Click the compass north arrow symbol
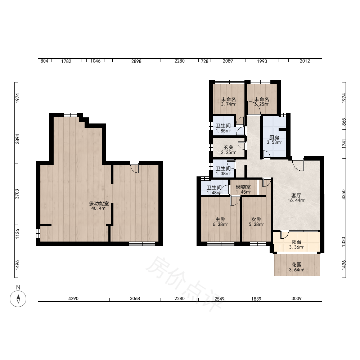pyautogui.click(x=18, y=299)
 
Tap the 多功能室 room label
pyautogui.click(x=99, y=204)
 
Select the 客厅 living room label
pyautogui.click(x=296, y=195)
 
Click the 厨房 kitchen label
pyautogui.click(x=274, y=138)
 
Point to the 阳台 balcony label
pyautogui.click(x=296, y=242)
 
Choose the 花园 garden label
pyautogui.click(x=296, y=265)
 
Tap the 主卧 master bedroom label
pyautogui.click(x=220, y=219)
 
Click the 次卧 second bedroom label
pyautogui.click(x=256, y=219)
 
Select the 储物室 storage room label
pyautogui.click(x=243, y=187)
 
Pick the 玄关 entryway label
pyautogui.click(x=229, y=147)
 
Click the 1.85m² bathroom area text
pyautogui.click(x=223, y=131)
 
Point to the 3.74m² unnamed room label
pyautogui.click(x=229, y=104)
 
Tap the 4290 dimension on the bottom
pyautogui.click(x=73, y=298)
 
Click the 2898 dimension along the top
pyautogui.click(x=136, y=61)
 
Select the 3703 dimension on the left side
pyautogui.click(x=17, y=194)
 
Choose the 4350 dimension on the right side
pyautogui.click(x=343, y=194)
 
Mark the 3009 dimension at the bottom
pyautogui.click(x=296, y=298)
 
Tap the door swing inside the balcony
pyautogui.click(x=285, y=235)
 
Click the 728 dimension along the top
pyautogui.click(x=204, y=61)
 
